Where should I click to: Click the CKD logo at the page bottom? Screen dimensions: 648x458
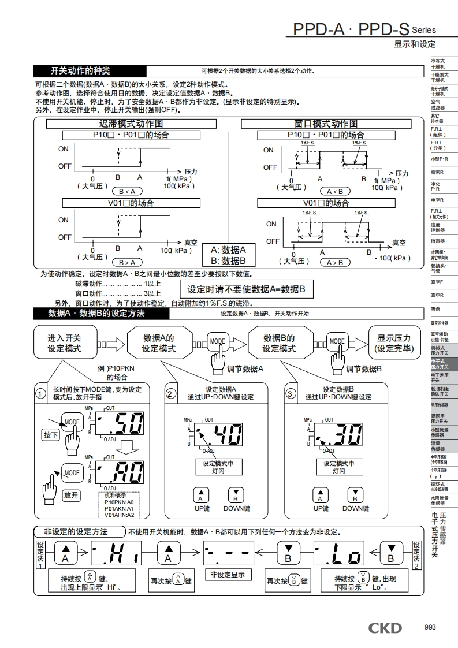click(x=386, y=628)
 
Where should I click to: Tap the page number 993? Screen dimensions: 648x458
click(x=430, y=628)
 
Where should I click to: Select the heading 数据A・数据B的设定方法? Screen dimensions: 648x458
click(x=96, y=314)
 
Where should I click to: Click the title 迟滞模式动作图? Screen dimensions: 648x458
click(x=131, y=124)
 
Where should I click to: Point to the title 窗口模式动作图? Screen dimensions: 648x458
click(x=326, y=124)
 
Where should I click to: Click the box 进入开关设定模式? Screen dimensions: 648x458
click(x=64, y=343)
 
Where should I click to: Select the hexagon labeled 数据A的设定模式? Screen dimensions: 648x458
click(x=159, y=343)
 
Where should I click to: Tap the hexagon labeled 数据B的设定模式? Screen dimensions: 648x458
click(x=279, y=343)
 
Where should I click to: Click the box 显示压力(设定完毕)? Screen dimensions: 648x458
click(x=394, y=343)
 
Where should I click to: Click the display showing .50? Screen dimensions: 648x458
click(x=120, y=426)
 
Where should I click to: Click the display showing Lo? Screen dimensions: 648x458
click(x=340, y=556)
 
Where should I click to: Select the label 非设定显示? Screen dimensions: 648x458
click(x=227, y=575)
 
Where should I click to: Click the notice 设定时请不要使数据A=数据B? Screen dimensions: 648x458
click(x=247, y=289)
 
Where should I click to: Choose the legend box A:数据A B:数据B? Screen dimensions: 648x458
click(x=228, y=255)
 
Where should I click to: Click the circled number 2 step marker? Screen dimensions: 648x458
click(x=170, y=394)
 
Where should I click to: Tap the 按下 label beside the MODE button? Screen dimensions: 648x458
click(x=51, y=434)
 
